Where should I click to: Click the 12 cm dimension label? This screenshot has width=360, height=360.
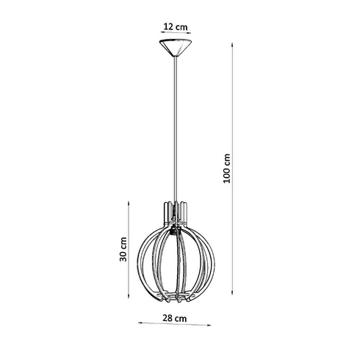(x=176, y=27)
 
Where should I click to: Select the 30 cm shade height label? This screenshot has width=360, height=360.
(x=124, y=248)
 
